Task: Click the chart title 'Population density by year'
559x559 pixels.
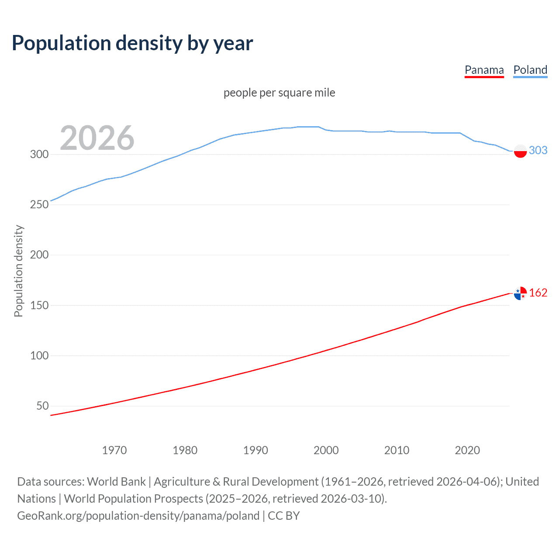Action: tap(132, 43)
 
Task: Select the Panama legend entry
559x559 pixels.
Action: tap(484, 70)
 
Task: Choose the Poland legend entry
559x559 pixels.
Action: tap(530, 70)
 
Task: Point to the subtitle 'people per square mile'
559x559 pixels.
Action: tap(279, 93)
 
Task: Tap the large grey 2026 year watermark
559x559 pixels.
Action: tap(97, 138)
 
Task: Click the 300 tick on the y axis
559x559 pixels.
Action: tap(39, 154)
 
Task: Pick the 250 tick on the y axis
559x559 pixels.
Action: tap(39, 204)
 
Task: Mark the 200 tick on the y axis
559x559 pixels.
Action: tap(39, 255)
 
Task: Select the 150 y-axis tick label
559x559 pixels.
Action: tap(39, 305)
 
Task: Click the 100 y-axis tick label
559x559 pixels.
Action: tap(39, 355)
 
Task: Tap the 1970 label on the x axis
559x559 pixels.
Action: tap(114, 450)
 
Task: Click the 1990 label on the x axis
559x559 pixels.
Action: tap(255, 450)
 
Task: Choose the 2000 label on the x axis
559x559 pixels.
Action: tap(326, 450)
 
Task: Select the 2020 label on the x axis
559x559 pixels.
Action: tap(467, 450)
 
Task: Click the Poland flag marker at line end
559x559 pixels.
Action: tap(520, 151)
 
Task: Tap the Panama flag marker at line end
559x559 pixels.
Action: tap(520, 293)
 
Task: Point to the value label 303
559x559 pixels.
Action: tap(538, 150)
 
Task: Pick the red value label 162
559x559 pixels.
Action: tap(538, 293)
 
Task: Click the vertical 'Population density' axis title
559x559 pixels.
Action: tap(18, 271)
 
